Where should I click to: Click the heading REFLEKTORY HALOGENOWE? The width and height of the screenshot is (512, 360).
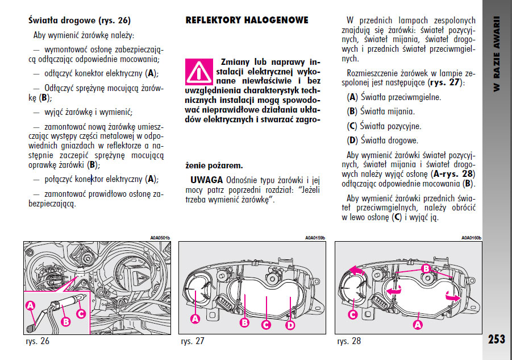pos(247,20)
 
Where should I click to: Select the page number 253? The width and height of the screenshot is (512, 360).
pos(496,339)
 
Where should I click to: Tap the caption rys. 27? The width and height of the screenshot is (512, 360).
pos(193,341)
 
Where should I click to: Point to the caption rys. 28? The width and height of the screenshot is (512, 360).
pos(348,341)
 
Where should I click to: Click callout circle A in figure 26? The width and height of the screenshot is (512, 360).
pos(31,305)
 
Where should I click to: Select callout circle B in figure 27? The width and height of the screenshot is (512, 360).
pos(245,322)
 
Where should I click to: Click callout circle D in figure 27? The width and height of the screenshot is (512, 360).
pos(291,325)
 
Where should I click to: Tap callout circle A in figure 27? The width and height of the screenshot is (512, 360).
pos(195,320)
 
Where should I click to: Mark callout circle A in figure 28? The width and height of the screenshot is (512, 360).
pos(418,324)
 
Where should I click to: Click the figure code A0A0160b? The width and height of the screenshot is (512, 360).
pos(471,238)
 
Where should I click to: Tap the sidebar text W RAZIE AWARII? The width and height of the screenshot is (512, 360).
pos(496,55)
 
